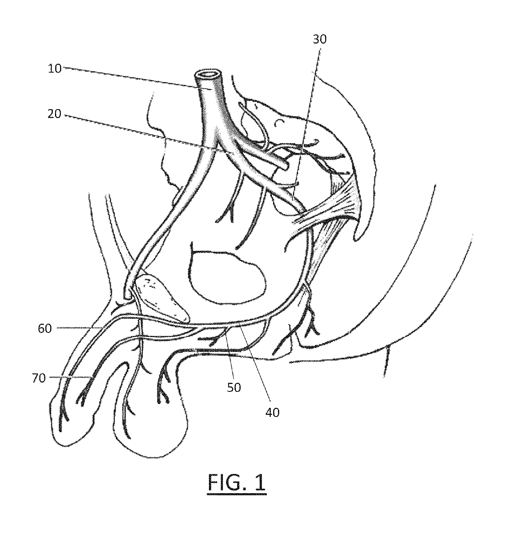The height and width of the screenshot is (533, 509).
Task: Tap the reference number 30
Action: pyautogui.click(x=320, y=39)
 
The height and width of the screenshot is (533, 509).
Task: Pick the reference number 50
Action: pyautogui.click(x=234, y=387)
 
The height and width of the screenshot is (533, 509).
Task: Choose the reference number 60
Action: pyautogui.click(x=45, y=328)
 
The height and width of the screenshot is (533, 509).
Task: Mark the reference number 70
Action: pyautogui.click(x=39, y=378)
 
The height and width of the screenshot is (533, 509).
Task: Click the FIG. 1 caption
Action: pyautogui.click(x=237, y=483)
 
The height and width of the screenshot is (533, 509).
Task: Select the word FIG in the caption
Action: pyautogui.click(x=225, y=483)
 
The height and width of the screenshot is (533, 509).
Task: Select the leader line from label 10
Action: pyautogui.click(x=135, y=78)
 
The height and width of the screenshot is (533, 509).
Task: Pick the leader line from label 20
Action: pyautogui.click(x=144, y=133)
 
